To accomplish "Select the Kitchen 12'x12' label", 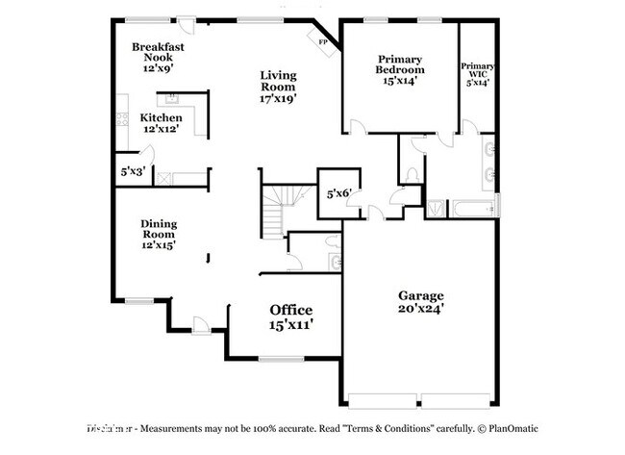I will pos(161,123).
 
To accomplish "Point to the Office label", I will pos(290,310).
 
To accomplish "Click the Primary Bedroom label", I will pos(400,69).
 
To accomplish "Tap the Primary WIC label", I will pos(477,74).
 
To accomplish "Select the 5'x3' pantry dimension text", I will pos(130,171).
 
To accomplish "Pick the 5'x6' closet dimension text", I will pos(338,193).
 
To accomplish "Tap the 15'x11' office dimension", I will pos(290,325).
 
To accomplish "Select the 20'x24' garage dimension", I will pos(421,310).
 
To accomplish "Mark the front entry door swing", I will pos(201,324).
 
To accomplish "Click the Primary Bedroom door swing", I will pos(357,126).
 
